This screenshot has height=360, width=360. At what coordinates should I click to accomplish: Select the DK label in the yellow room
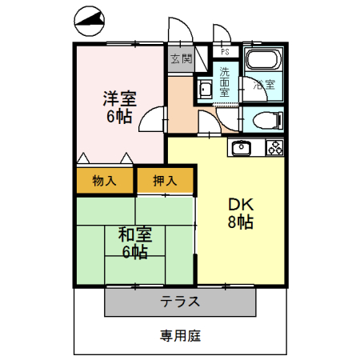pos(240,205)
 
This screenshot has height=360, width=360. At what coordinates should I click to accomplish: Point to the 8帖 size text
pos(240,222)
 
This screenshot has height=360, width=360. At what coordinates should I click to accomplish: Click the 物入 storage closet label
pos(104,181)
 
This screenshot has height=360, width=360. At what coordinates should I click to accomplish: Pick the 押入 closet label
pos(166,181)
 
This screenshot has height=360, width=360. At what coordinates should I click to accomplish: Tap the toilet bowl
pos(266,122)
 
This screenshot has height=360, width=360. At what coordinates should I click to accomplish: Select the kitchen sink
pos(242,147)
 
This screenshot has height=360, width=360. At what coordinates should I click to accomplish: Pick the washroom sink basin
pos(205,90)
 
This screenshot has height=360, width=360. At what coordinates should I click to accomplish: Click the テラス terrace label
pos(180,302)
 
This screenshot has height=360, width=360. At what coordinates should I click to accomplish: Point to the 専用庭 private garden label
pos(180,335)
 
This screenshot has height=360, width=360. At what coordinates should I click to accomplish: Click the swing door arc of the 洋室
pos(150,118)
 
